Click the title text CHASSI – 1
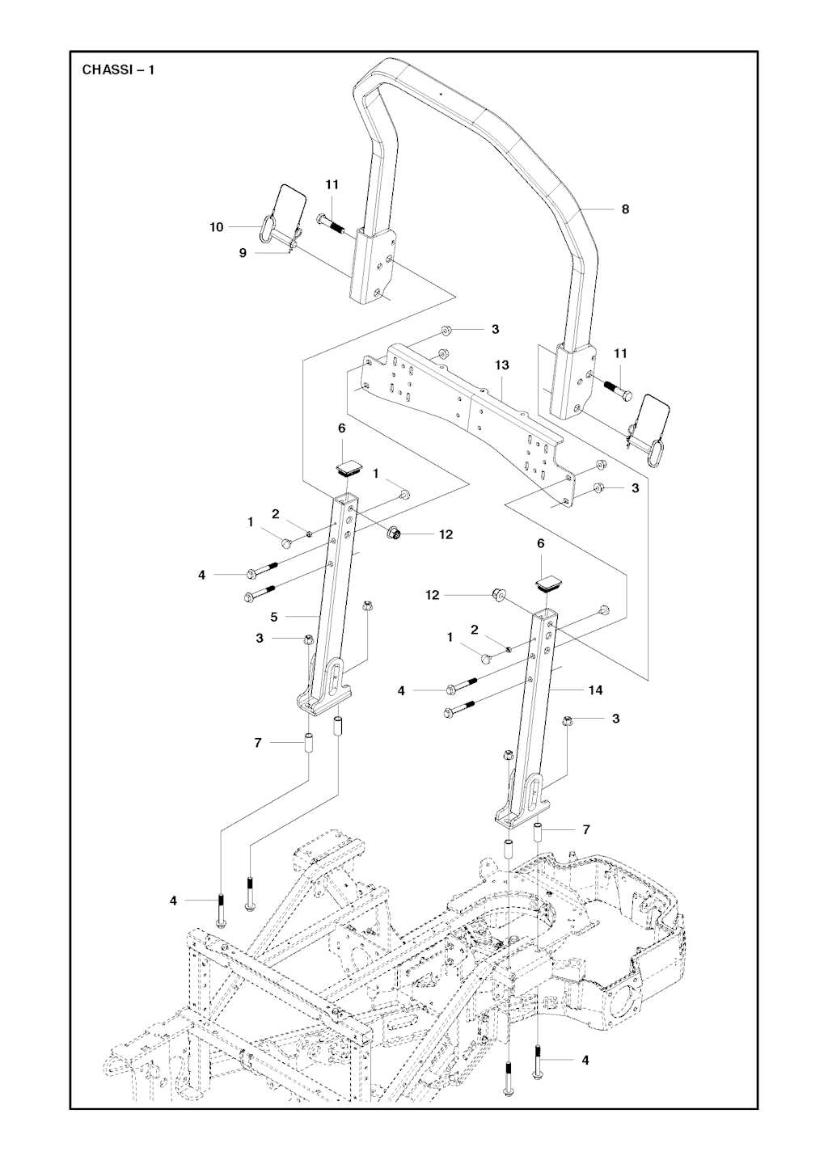pyautogui.click(x=119, y=70)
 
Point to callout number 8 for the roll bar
pyautogui.click(x=625, y=209)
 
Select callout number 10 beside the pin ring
pyautogui.click(x=217, y=228)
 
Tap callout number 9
pyautogui.click(x=243, y=253)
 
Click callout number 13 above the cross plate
pyautogui.click(x=502, y=365)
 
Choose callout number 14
pyautogui.click(x=596, y=690)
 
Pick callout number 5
pyautogui.click(x=274, y=617)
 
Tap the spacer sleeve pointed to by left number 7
pyautogui.click(x=308, y=742)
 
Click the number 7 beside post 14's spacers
pyautogui.click(x=586, y=829)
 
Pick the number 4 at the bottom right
pyautogui.click(x=585, y=1060)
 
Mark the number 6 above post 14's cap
pyautogui.click(x=541, y=545)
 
